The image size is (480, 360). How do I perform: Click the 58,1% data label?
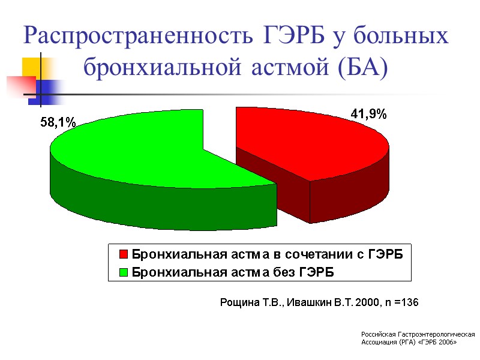click(58, 122)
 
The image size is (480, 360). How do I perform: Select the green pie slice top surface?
click(138, 150)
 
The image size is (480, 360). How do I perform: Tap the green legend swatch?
click(124, 272)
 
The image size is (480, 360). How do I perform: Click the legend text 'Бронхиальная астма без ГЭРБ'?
click(233, 272)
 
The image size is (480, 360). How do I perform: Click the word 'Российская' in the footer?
click(380, 334)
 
